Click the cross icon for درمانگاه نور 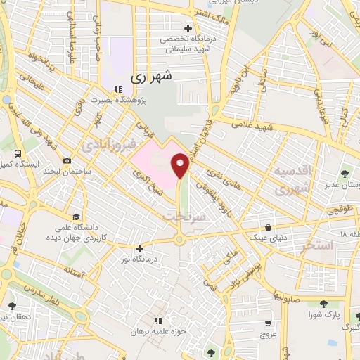pos(140,247)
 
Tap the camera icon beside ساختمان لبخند pos(67,160)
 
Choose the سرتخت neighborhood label pos(182,217)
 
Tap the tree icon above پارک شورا pos(323,304)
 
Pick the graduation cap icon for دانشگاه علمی pos(75,217)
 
